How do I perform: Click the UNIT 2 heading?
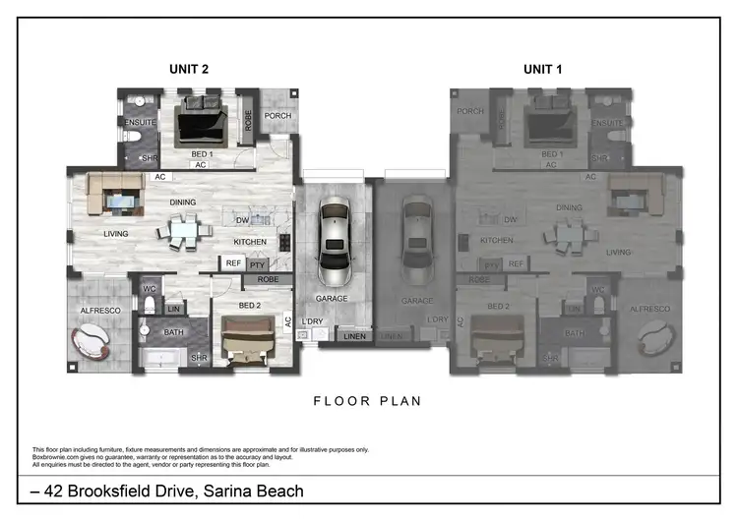[187, 69]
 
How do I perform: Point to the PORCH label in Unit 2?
[278, 115]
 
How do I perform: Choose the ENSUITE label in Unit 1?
[607, 123]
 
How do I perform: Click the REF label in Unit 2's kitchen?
[233, 263]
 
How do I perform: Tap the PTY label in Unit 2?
[258, 264]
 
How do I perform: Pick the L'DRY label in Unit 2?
[313, 321]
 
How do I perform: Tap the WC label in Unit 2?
[150, 289]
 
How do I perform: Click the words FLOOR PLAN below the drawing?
[368, 400]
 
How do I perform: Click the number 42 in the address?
[47, 491]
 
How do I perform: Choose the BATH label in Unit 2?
[174, 332]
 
